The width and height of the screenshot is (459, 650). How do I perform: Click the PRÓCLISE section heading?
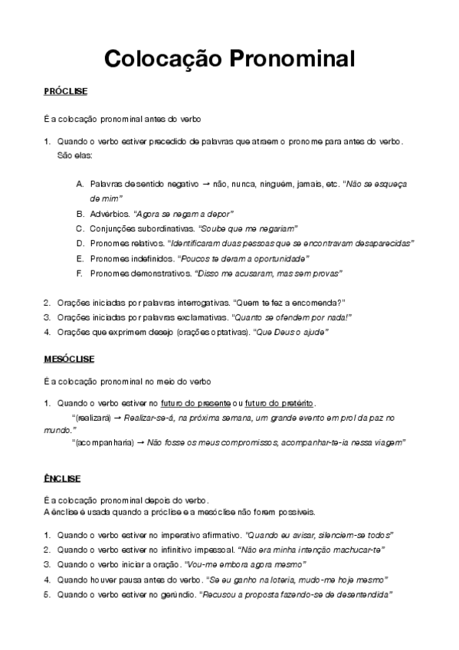click(x=66, y=92)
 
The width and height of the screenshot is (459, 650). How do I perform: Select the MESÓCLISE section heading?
click(x=70, y=358)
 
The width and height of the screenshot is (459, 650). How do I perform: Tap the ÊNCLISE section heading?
click(x=63, y=478)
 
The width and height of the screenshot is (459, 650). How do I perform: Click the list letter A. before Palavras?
click(x=80, y=185)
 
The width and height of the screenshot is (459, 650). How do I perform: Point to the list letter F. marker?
click(x=80, y=273)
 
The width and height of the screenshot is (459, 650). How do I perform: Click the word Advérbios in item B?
click(x=109, y=214)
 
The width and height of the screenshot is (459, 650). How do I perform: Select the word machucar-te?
click(x=356, y=550)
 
